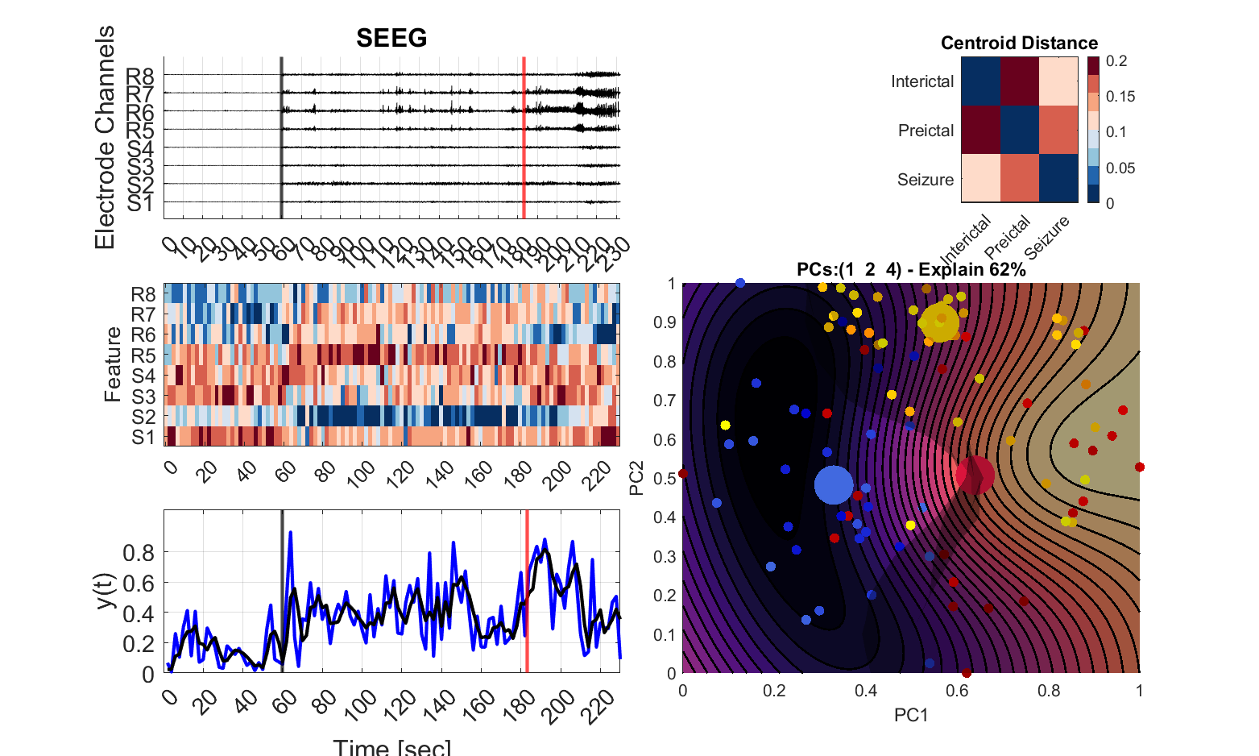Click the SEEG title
tap(391, 38)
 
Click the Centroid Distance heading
tap(1019, 44)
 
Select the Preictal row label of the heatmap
tap(926, 131)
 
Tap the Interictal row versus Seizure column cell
tap(1058, 81)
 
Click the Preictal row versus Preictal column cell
tap(1020, 131)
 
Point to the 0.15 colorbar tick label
tap(1120, 97)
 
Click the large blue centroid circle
tap(833, 485)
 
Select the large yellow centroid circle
tap(939, 322)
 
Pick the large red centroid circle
tap(975, 475)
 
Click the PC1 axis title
tap(911, 715)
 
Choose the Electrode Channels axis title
tap(106, 137)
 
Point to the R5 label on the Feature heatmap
tap(143, 355)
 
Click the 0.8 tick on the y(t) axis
tap(139, 553)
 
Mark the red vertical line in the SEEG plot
tap(524, 137)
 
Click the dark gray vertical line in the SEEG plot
tap(281, 137)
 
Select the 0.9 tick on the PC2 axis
tap(665, 322)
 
